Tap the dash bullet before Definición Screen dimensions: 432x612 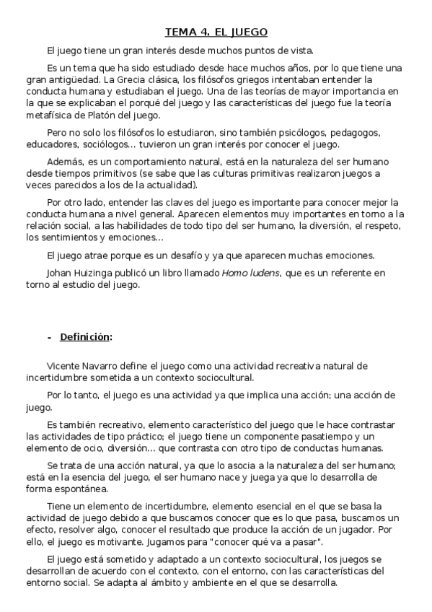point(48,337)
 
